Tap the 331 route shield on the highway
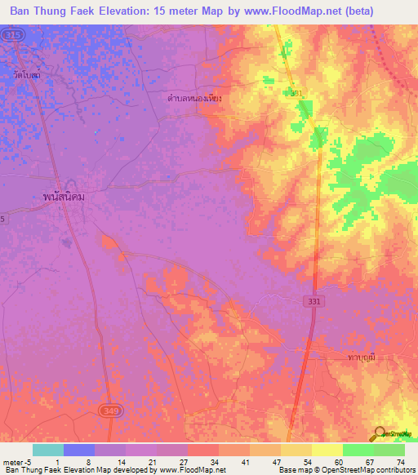click(x=315, y=301)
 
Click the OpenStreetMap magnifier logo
click(x=378, y=433)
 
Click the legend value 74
click(x=401, y=460)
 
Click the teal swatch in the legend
click(x=48, y=450)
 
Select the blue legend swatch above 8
click(x=79, y=450)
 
